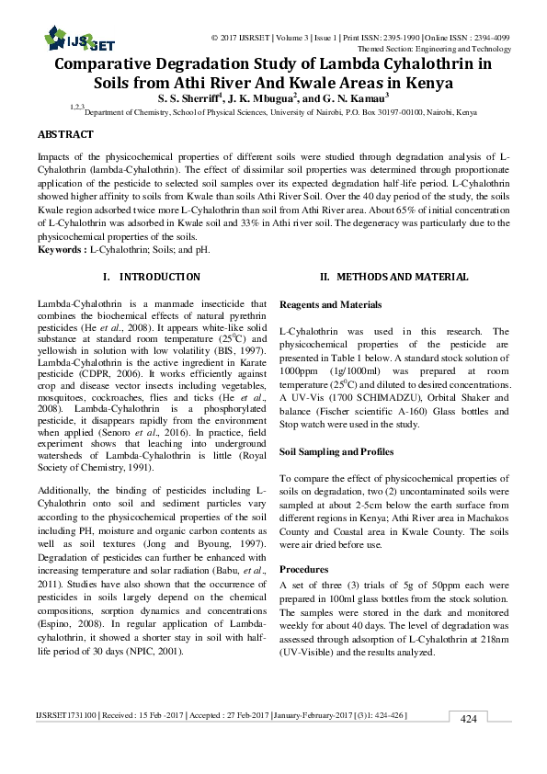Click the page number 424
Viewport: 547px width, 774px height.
pos(469,719)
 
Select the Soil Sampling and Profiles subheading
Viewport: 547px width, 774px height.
pos(336,452)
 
